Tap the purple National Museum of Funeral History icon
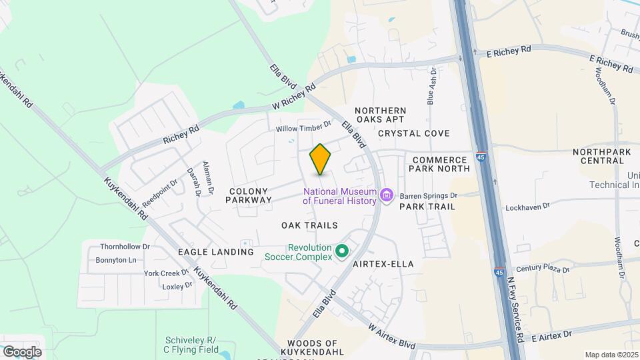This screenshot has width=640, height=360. click(386, 195)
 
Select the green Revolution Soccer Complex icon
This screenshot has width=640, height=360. click(343, 251)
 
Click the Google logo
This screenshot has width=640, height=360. click(21, 352)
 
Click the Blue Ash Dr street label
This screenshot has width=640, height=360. click(432, 85)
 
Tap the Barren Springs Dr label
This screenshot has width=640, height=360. click(428, 196)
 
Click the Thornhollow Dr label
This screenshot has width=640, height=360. click(125, 246)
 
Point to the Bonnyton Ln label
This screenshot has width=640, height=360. click(115, 259)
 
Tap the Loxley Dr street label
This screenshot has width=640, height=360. click(177, 285)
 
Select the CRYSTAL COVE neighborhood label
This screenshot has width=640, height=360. click(413, 133)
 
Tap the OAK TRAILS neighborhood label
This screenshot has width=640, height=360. click(309, 225)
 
